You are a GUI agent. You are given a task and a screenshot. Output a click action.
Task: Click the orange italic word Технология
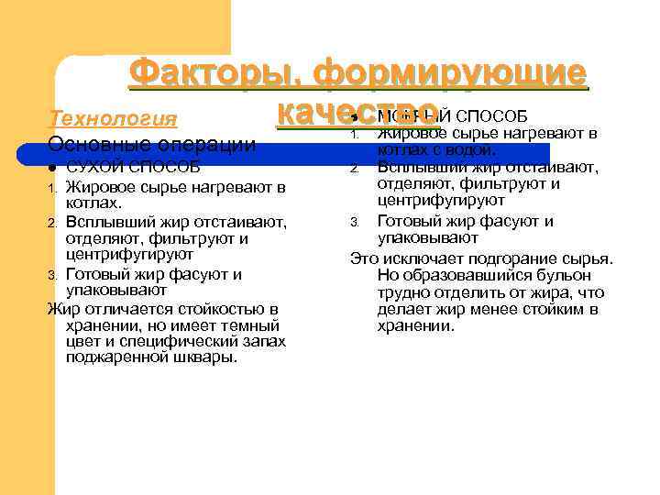112,119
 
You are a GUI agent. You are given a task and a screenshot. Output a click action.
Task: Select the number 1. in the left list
53,189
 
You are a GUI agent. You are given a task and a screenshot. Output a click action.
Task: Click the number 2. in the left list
53,223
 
